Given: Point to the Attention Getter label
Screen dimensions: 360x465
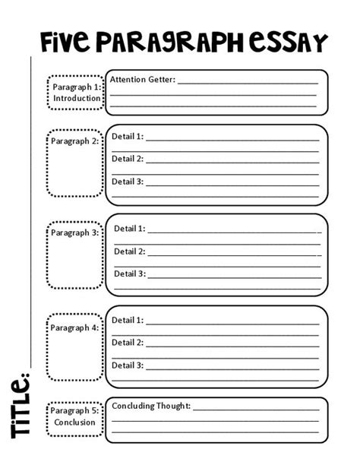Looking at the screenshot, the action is [143, 79].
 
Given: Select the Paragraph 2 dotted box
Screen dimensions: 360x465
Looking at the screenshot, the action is [75, 163].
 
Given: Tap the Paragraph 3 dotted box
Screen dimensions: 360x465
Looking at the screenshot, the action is [75, 255].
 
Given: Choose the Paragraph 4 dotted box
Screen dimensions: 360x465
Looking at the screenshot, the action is [75, 346].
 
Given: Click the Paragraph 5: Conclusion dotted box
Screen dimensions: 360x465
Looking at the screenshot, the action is [75, 416].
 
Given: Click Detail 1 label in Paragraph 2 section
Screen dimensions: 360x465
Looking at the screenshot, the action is [128, 137].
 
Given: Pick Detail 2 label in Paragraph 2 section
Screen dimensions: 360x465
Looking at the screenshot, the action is [128, 159].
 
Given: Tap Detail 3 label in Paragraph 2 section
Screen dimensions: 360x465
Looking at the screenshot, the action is [128, 182].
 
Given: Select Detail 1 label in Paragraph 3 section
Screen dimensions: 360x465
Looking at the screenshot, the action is [130, 228].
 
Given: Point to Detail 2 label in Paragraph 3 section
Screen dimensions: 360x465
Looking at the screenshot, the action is [130, 251].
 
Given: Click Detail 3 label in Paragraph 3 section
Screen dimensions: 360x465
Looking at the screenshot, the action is [130, 274].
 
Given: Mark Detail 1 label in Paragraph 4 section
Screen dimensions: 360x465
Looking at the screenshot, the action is [128, 320].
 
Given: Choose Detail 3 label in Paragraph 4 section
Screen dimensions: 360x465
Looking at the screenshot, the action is [128, 365].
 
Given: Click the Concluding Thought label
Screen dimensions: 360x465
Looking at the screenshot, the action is [151, 406].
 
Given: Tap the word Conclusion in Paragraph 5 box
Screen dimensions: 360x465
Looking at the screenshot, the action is [75, 422].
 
